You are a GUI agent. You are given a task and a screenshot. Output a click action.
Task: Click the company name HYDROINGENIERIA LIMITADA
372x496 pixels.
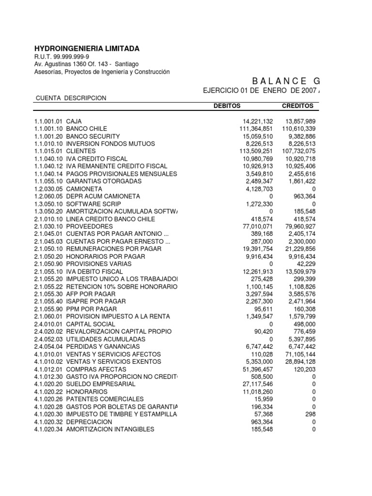87,48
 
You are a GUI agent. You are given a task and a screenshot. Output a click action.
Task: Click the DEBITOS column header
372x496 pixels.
227,106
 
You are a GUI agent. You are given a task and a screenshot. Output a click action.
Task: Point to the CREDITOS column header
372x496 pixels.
297,106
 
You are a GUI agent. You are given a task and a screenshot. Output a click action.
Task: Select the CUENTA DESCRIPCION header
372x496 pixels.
71,98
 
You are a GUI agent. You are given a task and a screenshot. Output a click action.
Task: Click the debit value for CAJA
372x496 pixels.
258,121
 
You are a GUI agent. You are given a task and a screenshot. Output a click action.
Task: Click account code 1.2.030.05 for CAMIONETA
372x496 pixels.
48,189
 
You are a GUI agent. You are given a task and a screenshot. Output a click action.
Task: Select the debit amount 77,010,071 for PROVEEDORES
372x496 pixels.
258,226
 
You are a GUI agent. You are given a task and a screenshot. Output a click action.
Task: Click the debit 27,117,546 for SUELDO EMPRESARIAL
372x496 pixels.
258,384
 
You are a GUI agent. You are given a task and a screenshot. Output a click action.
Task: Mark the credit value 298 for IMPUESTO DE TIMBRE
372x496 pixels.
310,414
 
